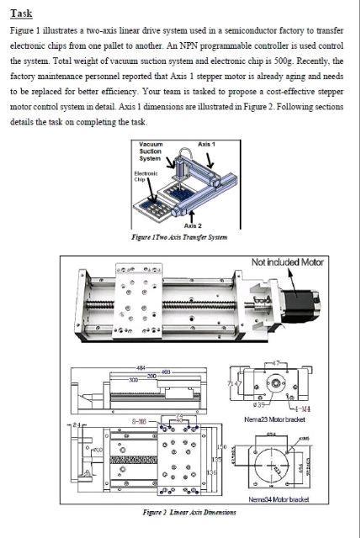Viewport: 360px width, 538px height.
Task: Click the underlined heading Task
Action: (21, 13)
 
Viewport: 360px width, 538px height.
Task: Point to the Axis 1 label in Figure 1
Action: (207, 145)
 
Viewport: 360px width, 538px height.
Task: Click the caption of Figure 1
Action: (181, 237)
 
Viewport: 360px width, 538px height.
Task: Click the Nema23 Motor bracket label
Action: (271, 419)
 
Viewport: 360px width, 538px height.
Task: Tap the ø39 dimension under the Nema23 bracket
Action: (261, 406)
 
